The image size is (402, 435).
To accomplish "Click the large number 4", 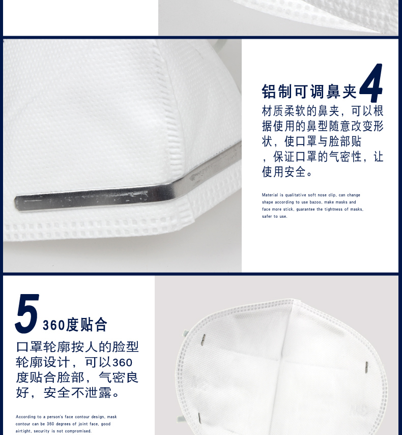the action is click(x=371, y=82).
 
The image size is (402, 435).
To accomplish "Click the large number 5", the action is click(x=27, y=313).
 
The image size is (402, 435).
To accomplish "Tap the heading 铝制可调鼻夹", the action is click(x=309, y=91).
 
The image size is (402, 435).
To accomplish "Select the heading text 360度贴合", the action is click(x=75, y=324).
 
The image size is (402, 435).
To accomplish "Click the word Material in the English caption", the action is click(x=270, y=195).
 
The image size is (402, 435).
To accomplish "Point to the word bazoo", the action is click(x=315, y=202).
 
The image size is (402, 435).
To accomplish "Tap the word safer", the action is click(x=267, y=216).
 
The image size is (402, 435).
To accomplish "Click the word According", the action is click(x=25, y=417).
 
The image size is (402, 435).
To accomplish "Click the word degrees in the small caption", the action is click(x=63, y=424).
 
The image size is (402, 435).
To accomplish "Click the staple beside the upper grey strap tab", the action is click(x=203, y=340).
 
